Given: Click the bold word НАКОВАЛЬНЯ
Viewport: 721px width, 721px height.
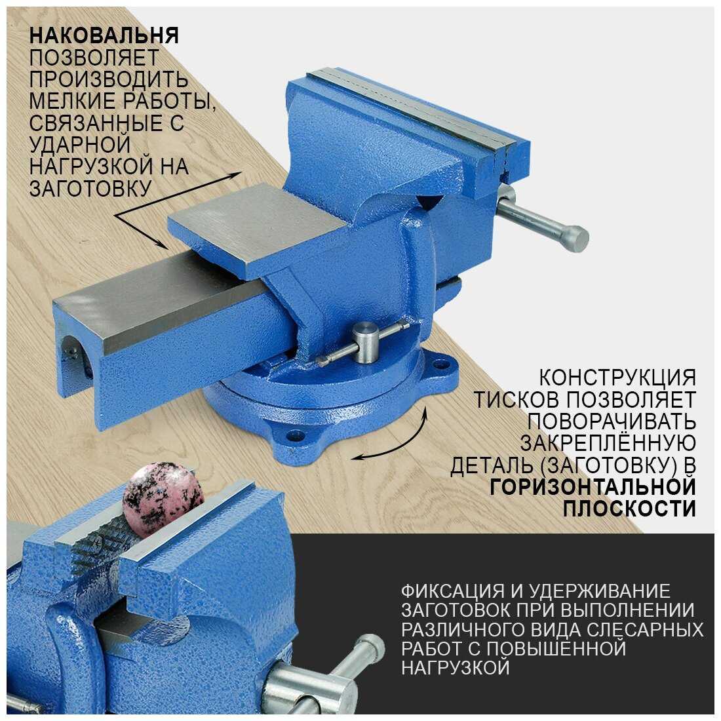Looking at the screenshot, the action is [x=104, y=35].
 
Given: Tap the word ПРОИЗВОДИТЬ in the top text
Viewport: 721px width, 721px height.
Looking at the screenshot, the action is [x=109, y=79].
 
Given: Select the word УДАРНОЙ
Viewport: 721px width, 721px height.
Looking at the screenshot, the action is [x=80, y=145].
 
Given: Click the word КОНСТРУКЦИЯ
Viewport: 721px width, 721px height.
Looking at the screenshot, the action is [x=617, y=378].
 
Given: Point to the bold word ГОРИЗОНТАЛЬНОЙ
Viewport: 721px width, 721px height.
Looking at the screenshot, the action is [x=593, y=488].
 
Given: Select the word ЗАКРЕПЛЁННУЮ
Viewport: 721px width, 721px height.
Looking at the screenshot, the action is [x=608, y=443].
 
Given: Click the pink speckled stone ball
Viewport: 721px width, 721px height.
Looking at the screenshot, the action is [x=164, y=500].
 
